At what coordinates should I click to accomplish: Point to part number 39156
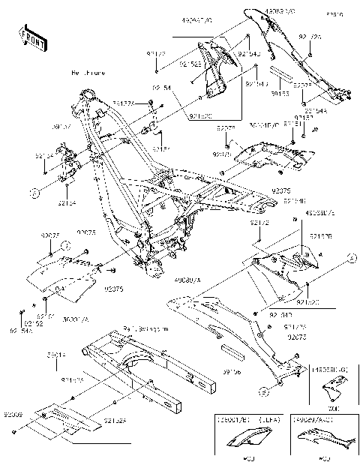[x=232, y=370]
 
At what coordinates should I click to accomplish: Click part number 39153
[x=280, y=94]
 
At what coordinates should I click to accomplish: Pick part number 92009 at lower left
[x=13, y=413]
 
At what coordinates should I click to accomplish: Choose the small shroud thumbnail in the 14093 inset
[x=330, y=391]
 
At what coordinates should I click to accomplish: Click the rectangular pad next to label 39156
[x=231, y=351]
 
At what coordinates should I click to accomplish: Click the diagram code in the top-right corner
[x=332, y=13]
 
